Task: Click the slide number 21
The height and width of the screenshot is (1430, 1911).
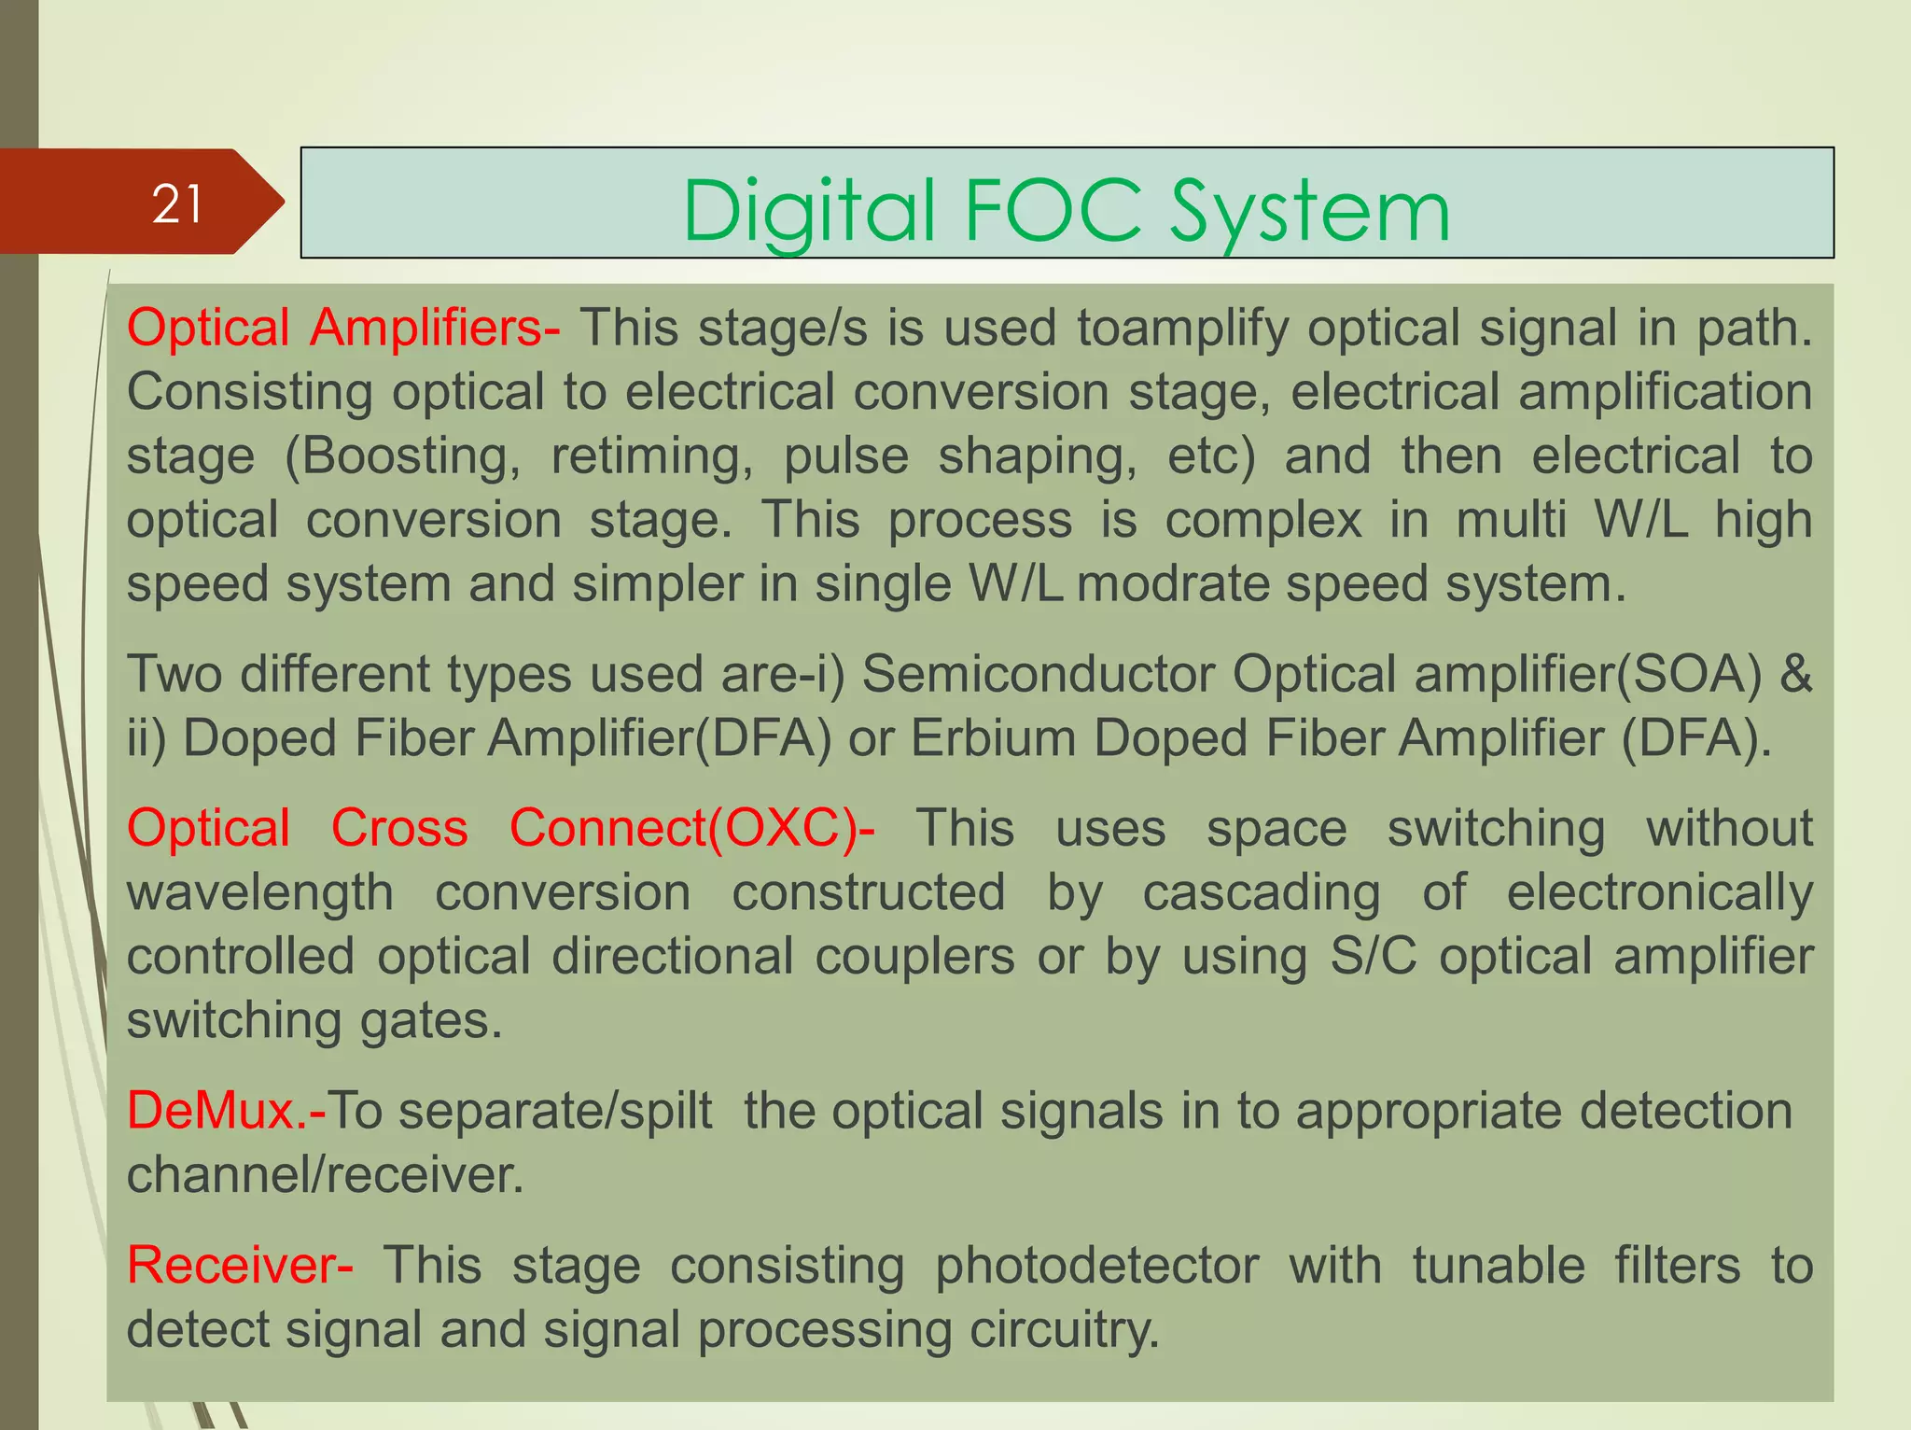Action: click(x=176, y=203)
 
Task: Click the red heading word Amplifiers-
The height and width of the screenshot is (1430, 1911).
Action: click(x=435, y=329)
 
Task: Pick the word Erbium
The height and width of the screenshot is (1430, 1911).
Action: click(x=993, y=738)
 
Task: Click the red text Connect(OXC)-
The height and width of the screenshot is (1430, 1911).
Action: click(x=691, y=828)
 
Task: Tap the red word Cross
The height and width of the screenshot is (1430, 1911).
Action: click(x=399, y=828)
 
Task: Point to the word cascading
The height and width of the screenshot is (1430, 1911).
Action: click(x=1262, y=892)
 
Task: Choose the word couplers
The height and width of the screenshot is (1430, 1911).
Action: click(x=914, y=957)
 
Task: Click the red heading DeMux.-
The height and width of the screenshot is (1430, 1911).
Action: click(x=226, y=1111)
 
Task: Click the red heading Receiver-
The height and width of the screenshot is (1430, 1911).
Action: click(x=240, y=1266)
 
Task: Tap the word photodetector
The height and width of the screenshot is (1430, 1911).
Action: click(x=1096, y=1266)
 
